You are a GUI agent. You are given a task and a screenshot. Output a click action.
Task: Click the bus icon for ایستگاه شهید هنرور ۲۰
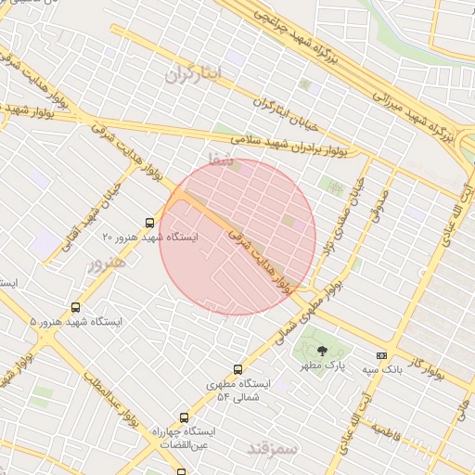[150, 223]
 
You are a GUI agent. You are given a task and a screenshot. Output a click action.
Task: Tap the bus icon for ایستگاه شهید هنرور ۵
[75, 307]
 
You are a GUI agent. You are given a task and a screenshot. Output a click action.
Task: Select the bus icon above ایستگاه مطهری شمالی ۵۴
[238, 369]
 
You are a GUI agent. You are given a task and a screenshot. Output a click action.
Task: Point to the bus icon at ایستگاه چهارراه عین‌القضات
[184, 418]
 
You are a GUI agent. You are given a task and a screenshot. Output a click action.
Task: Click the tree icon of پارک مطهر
[321, 351]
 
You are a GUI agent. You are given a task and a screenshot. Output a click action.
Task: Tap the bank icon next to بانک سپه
[380, 355]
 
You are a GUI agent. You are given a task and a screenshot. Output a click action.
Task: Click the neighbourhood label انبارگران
[196, 75]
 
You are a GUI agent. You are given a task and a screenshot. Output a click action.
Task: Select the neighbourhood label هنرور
[106, 264]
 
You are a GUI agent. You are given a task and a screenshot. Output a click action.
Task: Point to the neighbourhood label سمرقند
[274, 449]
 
